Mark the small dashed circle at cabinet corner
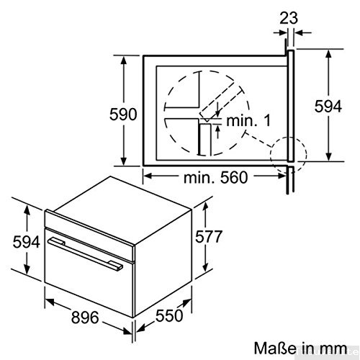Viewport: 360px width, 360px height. click(x=287, y=152)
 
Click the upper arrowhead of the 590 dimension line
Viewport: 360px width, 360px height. click(x=127, y=57)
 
